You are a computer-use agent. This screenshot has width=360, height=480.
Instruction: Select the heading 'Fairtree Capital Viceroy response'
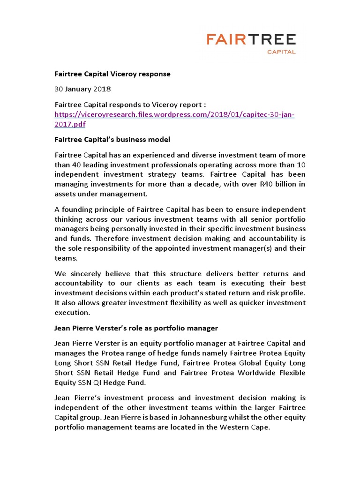[112, 74]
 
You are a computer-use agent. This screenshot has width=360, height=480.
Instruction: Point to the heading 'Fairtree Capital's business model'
[112, 140]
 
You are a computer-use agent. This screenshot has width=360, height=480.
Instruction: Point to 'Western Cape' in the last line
[247, 427]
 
